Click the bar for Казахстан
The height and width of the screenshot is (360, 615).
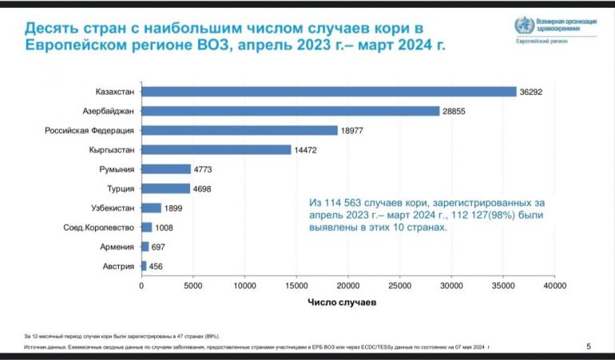tap(328, 92)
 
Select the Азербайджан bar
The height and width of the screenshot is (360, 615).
tap(290, 111)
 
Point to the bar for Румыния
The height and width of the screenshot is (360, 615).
tap(166, 169)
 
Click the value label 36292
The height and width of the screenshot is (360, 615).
tap(530, 92)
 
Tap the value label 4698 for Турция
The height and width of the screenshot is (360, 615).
tap(202, 188)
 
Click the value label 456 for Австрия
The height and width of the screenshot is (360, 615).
tap(156, 266)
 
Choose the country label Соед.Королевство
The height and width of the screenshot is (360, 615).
tap(101, 227)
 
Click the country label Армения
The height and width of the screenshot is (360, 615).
tap(118, 247)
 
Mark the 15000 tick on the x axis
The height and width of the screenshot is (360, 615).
tap(296, 284)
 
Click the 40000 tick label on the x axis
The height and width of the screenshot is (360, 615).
tap(553, 284)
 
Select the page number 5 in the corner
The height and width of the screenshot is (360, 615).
tap(589, 346)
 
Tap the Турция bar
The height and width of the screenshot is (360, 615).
tap(165, 188)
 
